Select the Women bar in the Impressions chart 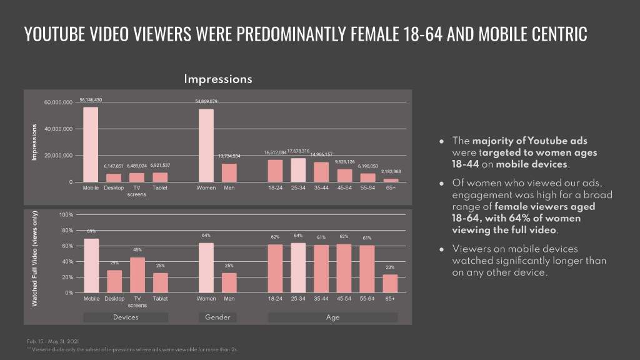click(206, 146)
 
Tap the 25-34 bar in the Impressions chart click(298, 170)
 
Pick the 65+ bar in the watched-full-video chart click(390, 283)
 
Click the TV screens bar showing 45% click(137, 275)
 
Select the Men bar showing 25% click(229, 282)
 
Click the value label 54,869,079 click(206, 101)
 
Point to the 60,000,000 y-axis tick click(58, 102)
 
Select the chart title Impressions click(217, 79)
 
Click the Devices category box click(126, 317)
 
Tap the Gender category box click(217, 317)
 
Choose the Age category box click(332, 317)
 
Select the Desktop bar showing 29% click(114, 281)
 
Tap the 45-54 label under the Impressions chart click(344, 187)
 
